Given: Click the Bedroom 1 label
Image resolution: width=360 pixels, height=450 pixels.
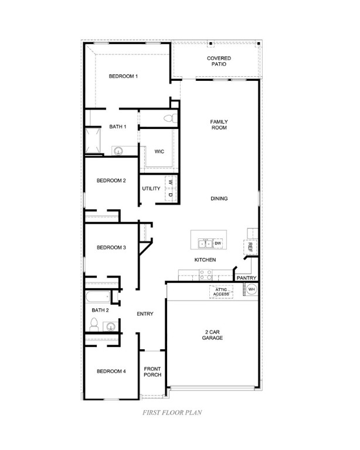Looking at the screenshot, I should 123,77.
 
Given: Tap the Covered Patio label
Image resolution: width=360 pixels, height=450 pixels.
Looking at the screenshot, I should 219,62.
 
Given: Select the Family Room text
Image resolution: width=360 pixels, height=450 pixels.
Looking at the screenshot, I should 219,125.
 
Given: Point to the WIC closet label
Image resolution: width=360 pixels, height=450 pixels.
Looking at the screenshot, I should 159,152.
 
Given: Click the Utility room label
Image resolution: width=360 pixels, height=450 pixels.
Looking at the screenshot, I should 151,189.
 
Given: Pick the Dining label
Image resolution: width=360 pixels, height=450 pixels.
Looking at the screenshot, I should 219,199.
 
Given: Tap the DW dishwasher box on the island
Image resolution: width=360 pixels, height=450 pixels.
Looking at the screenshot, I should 217,243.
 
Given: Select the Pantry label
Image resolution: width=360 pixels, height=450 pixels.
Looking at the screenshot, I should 247,278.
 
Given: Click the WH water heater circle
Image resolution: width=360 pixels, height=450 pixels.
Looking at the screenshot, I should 252,289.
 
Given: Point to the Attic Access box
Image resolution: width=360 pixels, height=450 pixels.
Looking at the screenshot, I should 222,291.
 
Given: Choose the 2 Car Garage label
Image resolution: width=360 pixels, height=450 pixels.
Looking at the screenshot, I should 212,335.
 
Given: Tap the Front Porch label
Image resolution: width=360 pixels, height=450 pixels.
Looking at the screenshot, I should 152,371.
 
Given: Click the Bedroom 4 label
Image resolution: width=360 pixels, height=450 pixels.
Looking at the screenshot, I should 111,371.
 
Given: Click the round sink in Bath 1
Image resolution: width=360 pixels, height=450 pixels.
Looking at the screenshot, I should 118,151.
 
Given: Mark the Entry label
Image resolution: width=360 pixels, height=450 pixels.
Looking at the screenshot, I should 145,314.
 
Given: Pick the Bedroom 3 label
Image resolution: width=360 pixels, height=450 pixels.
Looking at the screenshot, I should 111,248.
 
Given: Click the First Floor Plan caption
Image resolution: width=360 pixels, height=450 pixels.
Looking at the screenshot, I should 172,412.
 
